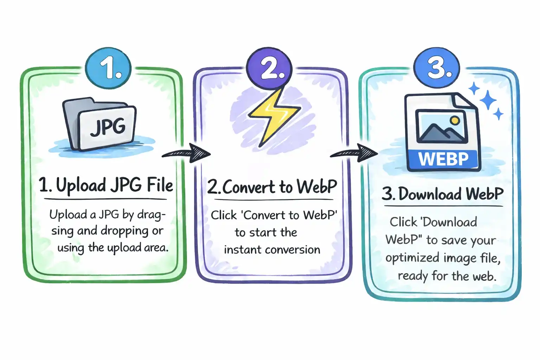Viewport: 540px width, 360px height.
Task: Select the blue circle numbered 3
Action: coord(437,67)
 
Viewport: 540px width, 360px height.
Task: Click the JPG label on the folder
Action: coord(108,127)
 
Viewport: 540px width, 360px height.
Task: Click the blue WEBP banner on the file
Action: coord(443,159)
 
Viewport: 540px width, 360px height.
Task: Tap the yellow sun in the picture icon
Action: coord(455,121)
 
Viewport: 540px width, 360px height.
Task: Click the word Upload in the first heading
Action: coord(81,185)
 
